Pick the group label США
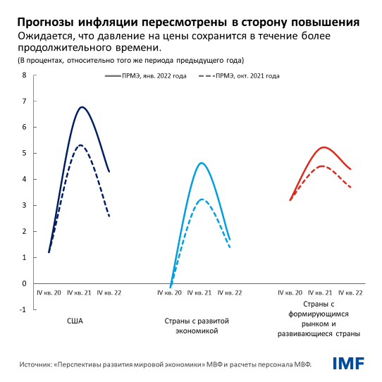click(75, 321)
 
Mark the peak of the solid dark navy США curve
click(82, 107)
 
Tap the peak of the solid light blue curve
click(202, 163)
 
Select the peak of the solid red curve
click(324, 147)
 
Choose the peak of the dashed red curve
click(321, 166)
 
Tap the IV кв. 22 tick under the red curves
click(350, 292)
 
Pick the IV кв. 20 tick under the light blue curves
click(170, 292)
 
